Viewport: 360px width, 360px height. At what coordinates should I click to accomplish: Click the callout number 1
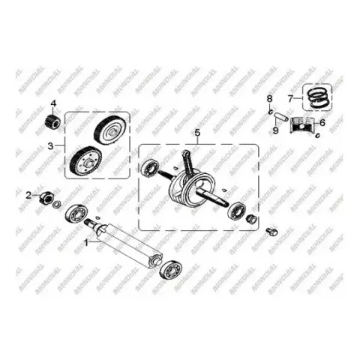click(86, 242)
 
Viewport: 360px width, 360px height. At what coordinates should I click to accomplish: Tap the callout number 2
click(29, 195)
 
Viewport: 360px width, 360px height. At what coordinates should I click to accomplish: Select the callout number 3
click(51, 146)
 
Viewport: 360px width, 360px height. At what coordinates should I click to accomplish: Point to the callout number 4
click(54, 103)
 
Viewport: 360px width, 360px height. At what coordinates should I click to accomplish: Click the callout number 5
click(197, 133)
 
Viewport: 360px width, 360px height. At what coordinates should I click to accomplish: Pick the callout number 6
click(322, 123)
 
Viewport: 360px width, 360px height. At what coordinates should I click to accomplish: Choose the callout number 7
click(290, 99)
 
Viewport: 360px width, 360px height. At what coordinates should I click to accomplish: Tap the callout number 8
click(269, 99)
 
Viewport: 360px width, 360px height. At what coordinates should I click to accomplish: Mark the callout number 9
click(275, 130)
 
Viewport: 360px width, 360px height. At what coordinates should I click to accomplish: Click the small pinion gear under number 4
click(52, 121)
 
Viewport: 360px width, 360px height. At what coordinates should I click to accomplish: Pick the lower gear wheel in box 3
click(85, 161)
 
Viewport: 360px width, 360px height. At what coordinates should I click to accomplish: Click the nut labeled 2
click(46, 197)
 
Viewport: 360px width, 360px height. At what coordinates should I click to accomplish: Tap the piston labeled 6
click(302, 125)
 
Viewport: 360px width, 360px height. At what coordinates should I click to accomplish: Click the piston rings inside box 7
click(317, 97)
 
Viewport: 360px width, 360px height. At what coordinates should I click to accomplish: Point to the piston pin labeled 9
click(281, 117)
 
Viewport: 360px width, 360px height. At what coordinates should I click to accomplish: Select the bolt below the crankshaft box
click(271, 232)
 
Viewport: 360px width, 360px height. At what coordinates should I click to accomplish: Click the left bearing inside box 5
click(150, 167)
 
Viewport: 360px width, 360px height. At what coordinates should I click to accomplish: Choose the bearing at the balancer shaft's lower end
click(171, 270)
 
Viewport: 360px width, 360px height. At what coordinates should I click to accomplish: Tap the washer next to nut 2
click(57, 205)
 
